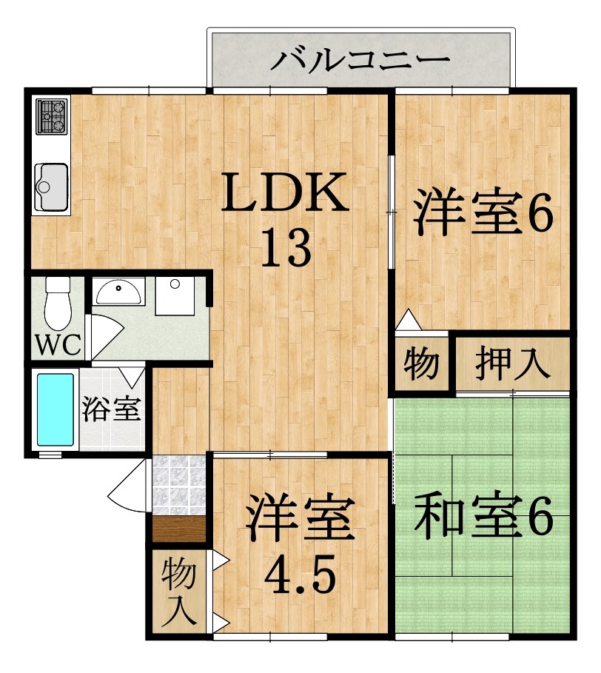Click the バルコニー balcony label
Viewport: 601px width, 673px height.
pos(360,58)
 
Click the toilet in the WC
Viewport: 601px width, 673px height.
pos(56,303)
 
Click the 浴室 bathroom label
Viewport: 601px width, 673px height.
pos(111,409)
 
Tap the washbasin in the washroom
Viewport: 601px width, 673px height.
pos(119,292)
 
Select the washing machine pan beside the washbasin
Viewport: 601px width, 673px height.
pos(175,295)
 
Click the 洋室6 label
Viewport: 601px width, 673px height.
pos(483,215)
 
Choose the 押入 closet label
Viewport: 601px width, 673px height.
pos(512,364)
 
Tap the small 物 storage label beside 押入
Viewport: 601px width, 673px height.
pos(420,364)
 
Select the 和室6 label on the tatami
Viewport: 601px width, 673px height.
pos(483,518)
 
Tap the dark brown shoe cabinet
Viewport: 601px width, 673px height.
pos(178,530)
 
